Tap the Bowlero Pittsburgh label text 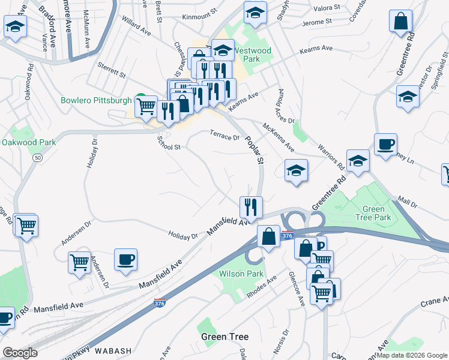pos(96,100)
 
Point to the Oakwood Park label pos(28,142)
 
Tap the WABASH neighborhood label pos(112,350)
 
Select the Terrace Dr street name pos(224,136)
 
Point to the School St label pos(169,143)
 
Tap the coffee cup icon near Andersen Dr pos(125,259)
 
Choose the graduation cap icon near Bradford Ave pos(15,26)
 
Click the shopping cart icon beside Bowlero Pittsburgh pos(146,107)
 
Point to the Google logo pos(20,353)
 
